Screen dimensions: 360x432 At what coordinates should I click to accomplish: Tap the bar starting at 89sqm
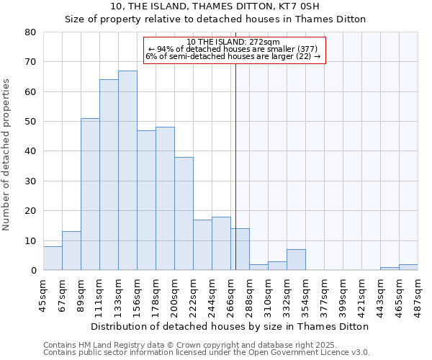click(90, 194)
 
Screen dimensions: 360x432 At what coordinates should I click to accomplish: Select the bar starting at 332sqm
click(296, 260)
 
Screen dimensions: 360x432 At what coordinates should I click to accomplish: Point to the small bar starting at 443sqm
click(390, 269)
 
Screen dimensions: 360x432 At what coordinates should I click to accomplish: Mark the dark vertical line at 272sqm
click(235, 166)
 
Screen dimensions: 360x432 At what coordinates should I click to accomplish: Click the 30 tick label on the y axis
click(30, 181)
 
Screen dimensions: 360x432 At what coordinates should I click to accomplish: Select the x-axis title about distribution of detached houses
click(230, 326)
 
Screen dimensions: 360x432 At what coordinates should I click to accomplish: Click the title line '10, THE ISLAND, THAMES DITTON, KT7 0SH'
click(215, 6)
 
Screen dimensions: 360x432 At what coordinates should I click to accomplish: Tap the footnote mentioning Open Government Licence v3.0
click(207, 353)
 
